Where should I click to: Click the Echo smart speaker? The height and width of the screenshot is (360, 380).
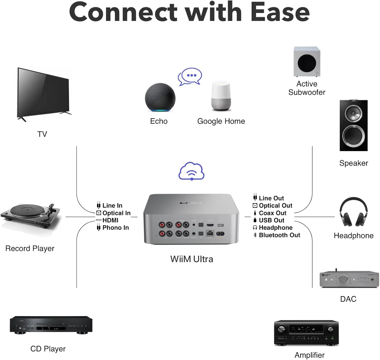click(160, 97)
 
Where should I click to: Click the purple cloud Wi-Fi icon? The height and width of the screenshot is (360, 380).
click(192, 171)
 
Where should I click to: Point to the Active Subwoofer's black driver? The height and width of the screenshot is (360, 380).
click(307, 63)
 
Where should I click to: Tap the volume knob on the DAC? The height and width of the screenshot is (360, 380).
click(343, 280)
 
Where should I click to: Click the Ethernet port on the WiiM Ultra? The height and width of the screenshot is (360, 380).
click(210, 233)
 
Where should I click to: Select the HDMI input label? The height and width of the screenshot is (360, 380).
click(110, 220)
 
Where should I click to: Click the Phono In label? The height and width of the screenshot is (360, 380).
click(116, 228)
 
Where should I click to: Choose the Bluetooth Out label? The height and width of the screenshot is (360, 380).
click(279, 235)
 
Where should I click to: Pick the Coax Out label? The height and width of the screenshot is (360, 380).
click(272, 213)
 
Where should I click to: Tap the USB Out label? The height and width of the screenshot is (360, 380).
click(271, 220)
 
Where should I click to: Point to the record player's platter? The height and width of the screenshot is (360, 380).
click(27, 210)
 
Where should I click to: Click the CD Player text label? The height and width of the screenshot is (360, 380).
click(48, 349)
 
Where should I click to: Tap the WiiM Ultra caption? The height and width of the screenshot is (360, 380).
click(192, 259)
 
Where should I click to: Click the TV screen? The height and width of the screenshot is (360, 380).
click(43, 93)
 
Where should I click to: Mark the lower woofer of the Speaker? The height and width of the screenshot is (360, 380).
click(353, 136)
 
